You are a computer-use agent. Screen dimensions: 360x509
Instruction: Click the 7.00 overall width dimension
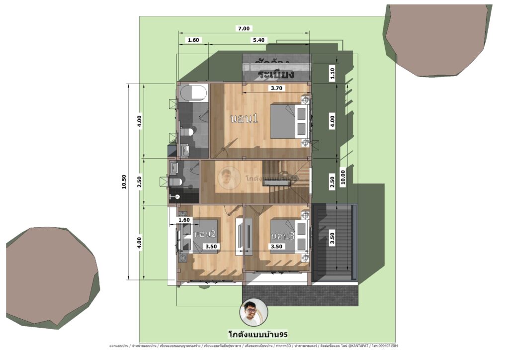[244, 28]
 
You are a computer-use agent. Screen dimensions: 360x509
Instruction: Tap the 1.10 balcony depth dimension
[333, 74]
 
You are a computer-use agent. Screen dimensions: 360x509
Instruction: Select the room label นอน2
[205, 233]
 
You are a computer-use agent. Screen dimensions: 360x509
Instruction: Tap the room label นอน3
[283, 235]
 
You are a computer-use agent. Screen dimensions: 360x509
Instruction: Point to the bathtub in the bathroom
[192, 93]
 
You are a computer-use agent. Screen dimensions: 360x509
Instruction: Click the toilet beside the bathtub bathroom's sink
[187, 132]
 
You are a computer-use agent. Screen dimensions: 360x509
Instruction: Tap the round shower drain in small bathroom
[177, 196]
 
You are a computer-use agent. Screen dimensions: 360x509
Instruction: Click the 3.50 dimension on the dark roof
[333, 238]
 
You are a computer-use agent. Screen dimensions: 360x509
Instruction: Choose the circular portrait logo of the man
[254, 312]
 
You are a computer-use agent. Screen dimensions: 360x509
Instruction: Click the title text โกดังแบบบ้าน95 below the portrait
[254, 334]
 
